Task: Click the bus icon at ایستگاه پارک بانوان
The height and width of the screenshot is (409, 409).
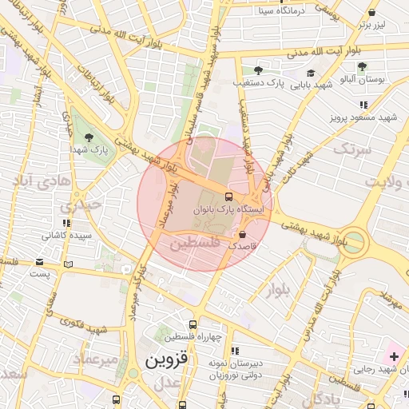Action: (230, 196)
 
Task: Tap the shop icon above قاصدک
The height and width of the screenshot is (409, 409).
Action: (242, 234)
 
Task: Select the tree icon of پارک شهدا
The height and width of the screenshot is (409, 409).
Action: (88, 137)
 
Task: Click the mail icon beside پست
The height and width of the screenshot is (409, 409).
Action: (68, 264)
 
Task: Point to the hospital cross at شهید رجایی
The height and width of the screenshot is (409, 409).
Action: (394, 354)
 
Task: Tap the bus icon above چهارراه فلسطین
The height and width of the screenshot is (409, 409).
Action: (193, 324)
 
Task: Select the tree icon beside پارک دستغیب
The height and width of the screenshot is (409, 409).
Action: (256, 70)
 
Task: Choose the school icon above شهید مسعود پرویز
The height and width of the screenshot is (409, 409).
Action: (363, 105)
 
